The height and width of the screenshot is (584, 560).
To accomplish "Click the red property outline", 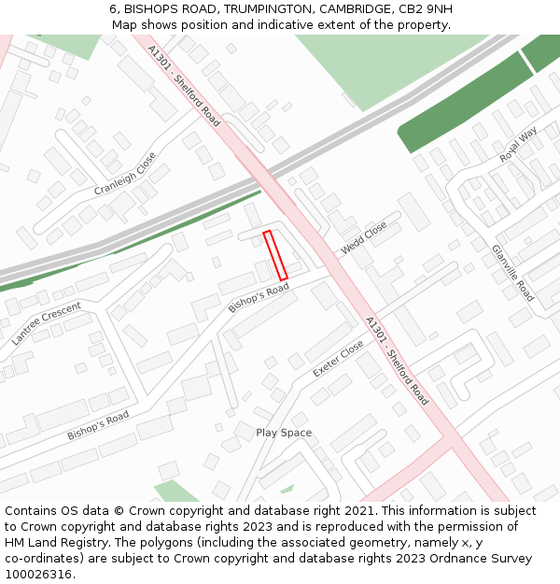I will coord(275,255).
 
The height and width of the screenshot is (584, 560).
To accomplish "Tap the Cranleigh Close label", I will coord(125,175).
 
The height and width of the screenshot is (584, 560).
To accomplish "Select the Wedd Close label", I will coord(364,237).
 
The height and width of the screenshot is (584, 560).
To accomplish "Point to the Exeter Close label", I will coord(338,359).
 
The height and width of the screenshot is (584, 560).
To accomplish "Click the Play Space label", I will coord(284,433).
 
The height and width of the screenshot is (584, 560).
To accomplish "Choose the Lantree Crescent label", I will coord(46,323).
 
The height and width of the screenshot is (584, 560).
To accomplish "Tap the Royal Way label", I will coord(518,145).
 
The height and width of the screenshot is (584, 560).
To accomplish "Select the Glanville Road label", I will coord(512,273).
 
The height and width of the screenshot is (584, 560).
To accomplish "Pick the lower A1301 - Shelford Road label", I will coord(397,360).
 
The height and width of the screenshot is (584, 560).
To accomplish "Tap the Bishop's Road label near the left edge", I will coord(97,426).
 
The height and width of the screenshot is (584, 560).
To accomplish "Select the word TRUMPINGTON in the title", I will coord(268,9).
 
